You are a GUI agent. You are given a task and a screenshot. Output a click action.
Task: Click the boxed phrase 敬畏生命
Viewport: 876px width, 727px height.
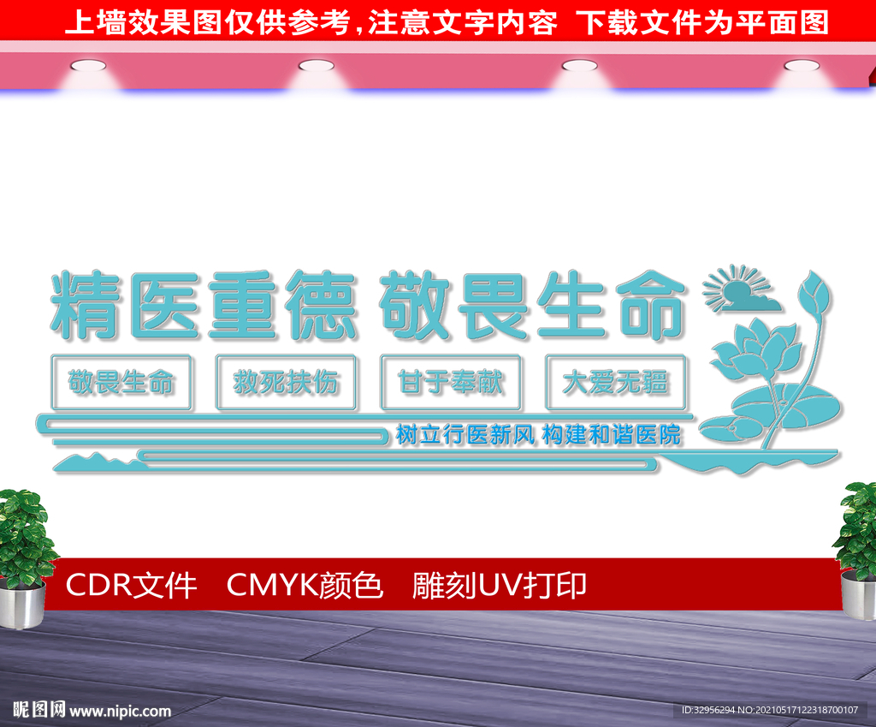pyautogui.click(x=121, y=382)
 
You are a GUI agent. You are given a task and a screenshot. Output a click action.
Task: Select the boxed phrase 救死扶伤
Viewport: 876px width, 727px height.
pyautogui.click(x=286, y=382)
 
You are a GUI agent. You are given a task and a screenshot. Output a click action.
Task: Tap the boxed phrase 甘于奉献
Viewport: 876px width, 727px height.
pyautogui.click(x=451, y=382)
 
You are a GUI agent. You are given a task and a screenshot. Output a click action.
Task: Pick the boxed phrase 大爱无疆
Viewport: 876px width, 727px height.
pyautogui.click(x=615, y=382)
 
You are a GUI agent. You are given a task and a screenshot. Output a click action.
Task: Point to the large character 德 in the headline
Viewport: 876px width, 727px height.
pyautogui.click(x=319, y=305)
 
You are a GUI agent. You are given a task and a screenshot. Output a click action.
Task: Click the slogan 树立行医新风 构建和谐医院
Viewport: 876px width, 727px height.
pyautogui.click(x=538, y=434)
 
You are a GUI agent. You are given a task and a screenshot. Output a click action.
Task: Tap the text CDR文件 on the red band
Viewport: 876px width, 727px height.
pyautogui.click(x=131, y=586)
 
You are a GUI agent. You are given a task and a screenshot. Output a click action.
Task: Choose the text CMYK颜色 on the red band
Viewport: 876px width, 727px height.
pyautogui.click(x=305, y=586)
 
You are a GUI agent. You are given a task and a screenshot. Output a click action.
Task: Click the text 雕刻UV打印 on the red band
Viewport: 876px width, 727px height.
pyautogui.click(x=500, y=586)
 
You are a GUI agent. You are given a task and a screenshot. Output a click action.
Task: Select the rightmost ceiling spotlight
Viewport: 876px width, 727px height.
pyautogui.click(x=801, y=65)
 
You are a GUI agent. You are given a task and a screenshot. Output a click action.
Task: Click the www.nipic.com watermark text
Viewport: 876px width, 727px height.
pyautogui.click(x=120, y=711)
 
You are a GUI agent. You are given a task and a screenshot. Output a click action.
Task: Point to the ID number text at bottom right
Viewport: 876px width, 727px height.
pyautogui.click(x=773, y=710)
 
